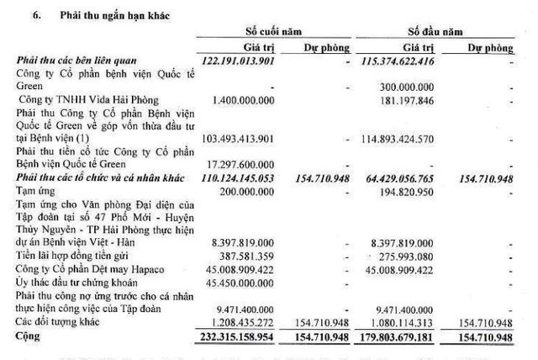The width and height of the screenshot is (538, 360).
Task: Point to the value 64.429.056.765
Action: coord(402,178)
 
